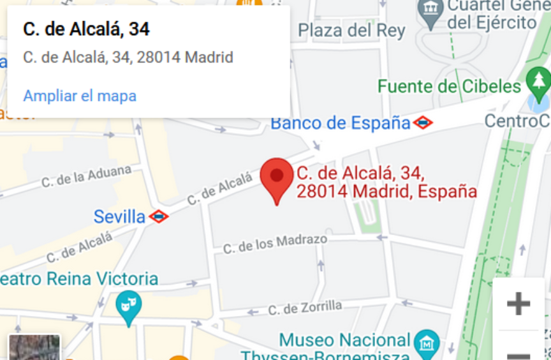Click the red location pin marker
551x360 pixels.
pyautogui.click(x=277, y=178)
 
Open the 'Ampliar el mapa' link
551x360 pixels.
pyautogui.click(x=80, y=96)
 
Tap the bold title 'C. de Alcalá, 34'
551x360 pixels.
pyautogui.click(x=86, y=29)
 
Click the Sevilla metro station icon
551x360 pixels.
pyautogui.click(x=159, y=216)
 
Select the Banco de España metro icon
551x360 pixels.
pyautogui.click(x=423, y=122)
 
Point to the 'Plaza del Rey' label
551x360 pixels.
pyautogui.click(x=351, y=30)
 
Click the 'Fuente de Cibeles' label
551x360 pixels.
pyautogui.click(x=449, y=86)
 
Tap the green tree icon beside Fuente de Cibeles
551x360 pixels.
pyautogui.click(x=540, y=82)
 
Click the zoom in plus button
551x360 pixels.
pyautogui.click(x=518, y=304)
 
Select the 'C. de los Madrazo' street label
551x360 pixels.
pyautogui.click(x=275, y=243)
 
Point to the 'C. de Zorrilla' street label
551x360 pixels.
pyautogui.click(x=305, y=309)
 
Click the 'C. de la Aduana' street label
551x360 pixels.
pyautogui.click(x=86, y=176)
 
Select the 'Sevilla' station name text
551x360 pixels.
pyautogui.click(x=119, y=217)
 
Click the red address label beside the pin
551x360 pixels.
pyautogui.click(x=386, y=182)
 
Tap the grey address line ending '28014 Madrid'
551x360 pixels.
pyautogui.click(x=128, y=57)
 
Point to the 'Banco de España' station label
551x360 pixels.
pyautogui.click(x=340, y=123)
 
